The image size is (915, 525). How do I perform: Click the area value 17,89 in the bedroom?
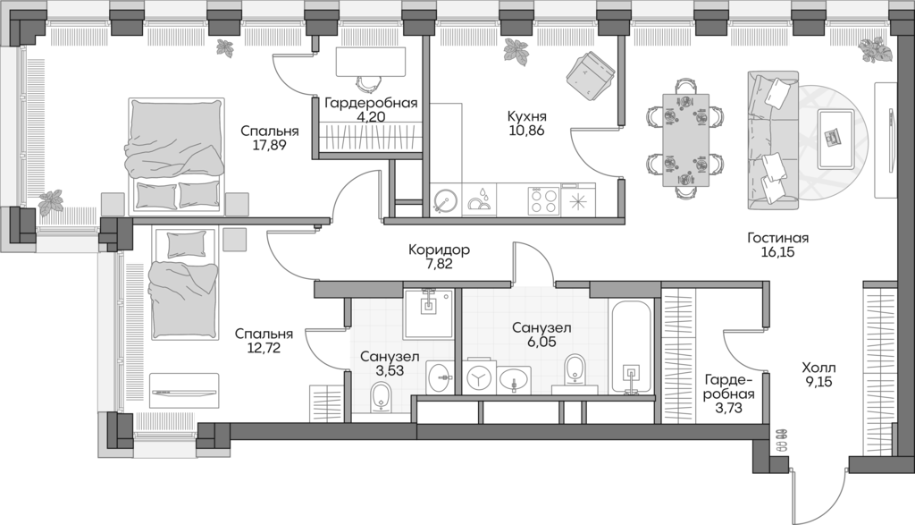click(270, 148)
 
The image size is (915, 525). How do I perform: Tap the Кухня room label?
click(525, 115)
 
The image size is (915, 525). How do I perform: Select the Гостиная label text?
click(778, 238)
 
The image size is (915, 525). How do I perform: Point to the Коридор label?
click(437, 250)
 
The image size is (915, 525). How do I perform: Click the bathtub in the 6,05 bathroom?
click(632, 347)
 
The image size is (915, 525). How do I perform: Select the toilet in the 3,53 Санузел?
click(381, 395)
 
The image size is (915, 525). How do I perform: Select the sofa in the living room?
click(773, 140)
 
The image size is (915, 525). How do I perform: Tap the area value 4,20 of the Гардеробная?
click(371, 115)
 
